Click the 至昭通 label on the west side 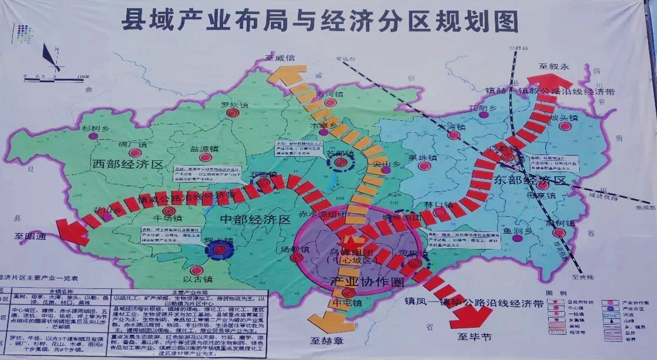[28, 237]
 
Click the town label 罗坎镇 [233, 105]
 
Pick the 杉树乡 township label [95, 128]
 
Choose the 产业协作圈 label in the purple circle [360, 281]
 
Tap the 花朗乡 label [482, 108]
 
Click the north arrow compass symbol [52, 58]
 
